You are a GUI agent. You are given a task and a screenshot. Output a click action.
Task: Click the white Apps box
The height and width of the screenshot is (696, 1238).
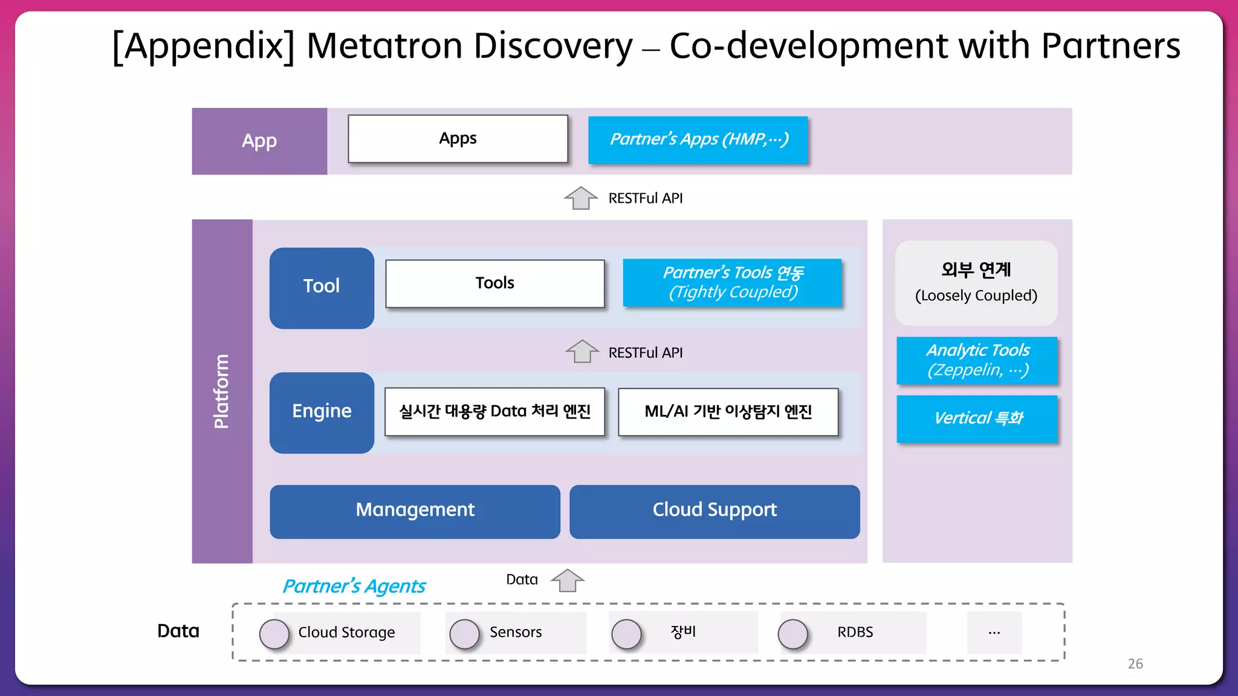pos(458,139)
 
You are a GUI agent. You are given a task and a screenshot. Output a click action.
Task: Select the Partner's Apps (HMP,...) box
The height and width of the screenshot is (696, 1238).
pos(698,140)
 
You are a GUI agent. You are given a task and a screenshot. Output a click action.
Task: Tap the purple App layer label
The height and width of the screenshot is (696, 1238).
pos(259,141)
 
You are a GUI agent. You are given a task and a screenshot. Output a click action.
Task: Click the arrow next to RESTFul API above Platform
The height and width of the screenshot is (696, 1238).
pos(580,198)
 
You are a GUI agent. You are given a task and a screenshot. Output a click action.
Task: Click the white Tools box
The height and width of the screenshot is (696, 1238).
pos(494,283)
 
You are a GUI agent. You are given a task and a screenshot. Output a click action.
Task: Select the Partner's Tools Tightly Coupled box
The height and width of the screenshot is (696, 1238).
pos(732,282)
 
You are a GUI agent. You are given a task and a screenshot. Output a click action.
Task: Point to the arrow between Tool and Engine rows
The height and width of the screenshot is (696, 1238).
pos(582,352)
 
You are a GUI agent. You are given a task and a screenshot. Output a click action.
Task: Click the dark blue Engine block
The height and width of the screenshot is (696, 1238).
pos(322,412)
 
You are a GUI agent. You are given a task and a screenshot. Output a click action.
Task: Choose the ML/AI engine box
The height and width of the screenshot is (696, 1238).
pos(728,412)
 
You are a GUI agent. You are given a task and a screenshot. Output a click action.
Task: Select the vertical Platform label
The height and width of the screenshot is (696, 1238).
pos(222,391)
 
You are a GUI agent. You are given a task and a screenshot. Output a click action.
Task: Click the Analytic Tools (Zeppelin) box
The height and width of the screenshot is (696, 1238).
pos(977,360)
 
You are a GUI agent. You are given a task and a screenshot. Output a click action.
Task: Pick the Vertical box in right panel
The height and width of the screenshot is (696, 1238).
pos(977,418)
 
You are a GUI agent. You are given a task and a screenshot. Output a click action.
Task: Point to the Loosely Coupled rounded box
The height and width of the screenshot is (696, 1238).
pos(976,283)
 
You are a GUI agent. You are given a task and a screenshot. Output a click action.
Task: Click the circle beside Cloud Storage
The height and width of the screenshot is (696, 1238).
pos(274,634)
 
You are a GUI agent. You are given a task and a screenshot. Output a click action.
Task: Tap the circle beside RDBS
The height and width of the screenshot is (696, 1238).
pos(792,634)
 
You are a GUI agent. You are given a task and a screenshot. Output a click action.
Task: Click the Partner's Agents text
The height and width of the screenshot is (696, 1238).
pos(354,586)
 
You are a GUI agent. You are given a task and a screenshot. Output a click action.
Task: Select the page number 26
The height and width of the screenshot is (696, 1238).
pos(1135,663)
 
